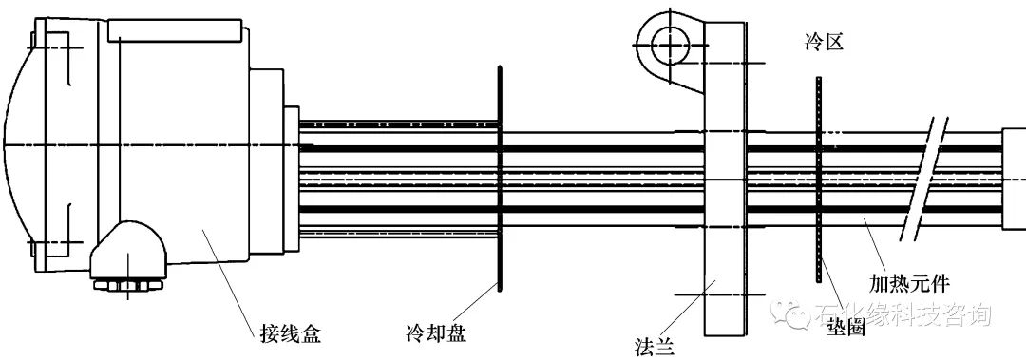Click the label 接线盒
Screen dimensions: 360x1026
click(291, 333)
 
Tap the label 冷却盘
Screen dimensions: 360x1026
click(434, 333)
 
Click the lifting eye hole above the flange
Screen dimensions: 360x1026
click(671, 43)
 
